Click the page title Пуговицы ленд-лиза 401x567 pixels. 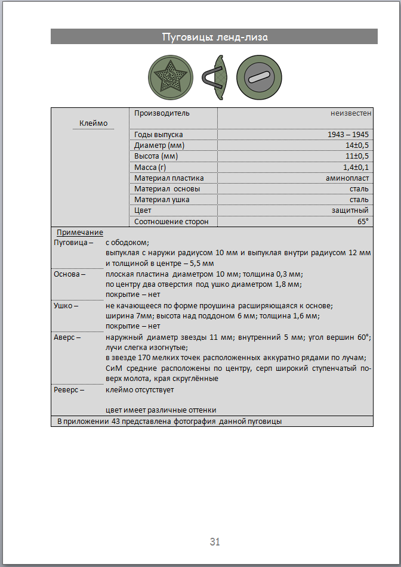tap(214, 37)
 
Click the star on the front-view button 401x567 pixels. tap(170, 78)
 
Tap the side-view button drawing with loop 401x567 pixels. tap(216, 78)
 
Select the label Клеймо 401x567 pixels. tap(94, 123)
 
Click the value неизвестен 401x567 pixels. tap(351, 113)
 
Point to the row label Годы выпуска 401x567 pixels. tap(158, 135)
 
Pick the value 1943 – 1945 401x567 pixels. tap(348, 135)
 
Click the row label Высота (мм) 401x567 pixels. tap(156, 156)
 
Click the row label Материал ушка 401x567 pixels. tap(162, 200)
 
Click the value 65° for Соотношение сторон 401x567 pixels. tap(363, 221)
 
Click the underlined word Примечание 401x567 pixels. tap(80, 233)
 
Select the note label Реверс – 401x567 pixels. tap(69, 390)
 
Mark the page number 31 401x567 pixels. tap(215, 542)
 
